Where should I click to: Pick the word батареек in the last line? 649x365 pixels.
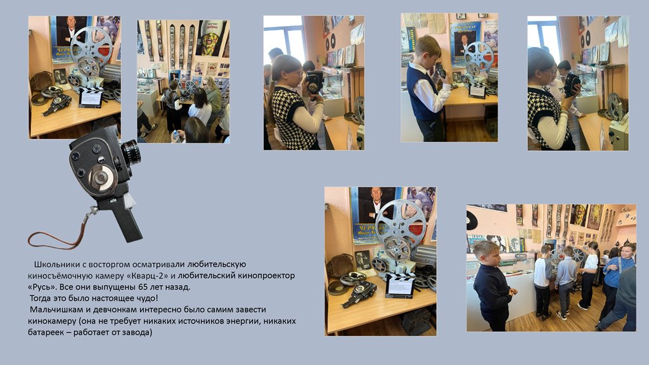tap(47, 332)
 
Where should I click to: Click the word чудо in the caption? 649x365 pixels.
tap(147, 298)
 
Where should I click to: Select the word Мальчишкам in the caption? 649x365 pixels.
tap(54, 309)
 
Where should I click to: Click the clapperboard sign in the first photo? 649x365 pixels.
tap(91, 97)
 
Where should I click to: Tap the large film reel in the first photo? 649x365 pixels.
tap(91, 46)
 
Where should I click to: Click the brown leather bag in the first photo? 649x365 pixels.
tap(41, 82)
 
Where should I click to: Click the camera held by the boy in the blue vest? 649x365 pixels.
tap(440, 70)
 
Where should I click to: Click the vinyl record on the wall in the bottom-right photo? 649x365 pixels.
tap(472, 221)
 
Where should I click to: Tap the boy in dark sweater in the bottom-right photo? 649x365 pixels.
tap(494, 286)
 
